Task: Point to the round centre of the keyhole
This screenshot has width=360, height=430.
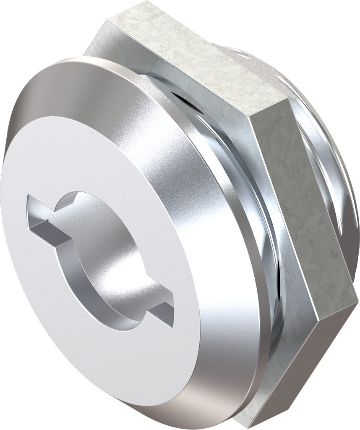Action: (x=105, y=260)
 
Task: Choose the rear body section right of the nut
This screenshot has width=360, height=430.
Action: (x=331, y=168)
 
